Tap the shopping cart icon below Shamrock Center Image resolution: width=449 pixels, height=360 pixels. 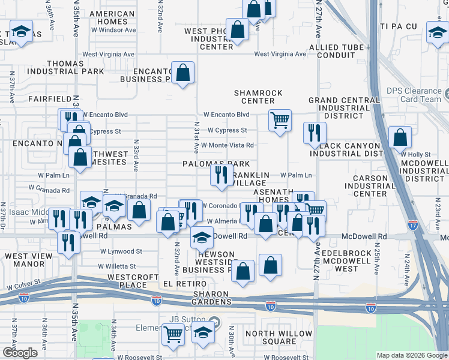(280, 121)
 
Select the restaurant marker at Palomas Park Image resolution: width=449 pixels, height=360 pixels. (221, 175)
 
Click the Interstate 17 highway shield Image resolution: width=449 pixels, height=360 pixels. (412, 225)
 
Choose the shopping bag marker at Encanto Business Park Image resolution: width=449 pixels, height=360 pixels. (183, 73)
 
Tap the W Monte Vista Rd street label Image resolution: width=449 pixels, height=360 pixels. (227, 145)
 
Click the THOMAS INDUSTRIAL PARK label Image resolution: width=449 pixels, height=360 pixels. (65, 67)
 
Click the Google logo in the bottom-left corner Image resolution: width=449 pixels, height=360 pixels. (20, 353)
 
